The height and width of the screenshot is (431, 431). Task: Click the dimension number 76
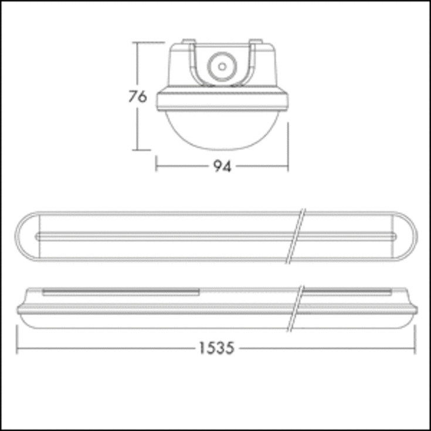click(137, 96)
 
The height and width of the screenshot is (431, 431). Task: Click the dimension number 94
click(222, 167)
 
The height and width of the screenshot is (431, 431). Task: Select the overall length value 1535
click(216, 348)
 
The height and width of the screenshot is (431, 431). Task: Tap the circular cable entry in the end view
click(222, 66)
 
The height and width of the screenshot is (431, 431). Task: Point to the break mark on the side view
click(297, 308)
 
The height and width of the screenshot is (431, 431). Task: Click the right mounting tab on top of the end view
click(256, 42)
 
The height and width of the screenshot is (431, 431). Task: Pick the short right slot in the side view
click(348, 291)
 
